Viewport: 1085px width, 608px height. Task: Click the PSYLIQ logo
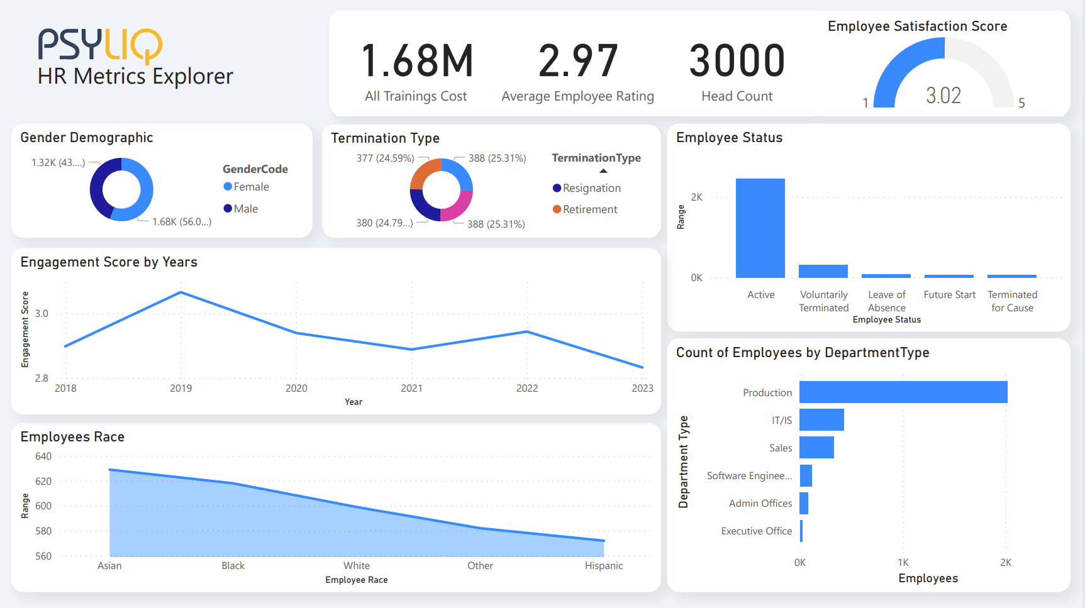(x=100, y=45)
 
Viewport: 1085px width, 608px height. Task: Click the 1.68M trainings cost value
(x=417, y=62)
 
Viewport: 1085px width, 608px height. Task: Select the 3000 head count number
(x=737, y=62)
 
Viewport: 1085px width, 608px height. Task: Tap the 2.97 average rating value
(x=578, y=62)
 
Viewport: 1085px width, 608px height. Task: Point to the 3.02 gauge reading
(x=943, y=96)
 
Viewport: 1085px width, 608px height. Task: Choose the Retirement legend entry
(x=589, y=209)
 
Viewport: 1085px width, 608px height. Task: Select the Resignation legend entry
(x=591, y=188)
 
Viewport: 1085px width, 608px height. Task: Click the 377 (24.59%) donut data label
(x=385, y=158)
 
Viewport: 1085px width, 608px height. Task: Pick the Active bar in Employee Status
(x=760, y=228)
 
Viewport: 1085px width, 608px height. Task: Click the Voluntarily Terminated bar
(x=823, y=271)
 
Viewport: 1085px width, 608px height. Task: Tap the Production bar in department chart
(x=903, y=392)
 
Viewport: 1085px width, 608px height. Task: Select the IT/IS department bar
(x=821, y=420)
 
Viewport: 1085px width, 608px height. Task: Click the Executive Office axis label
(x=757, y=531)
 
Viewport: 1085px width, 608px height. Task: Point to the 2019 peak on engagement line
(x=181, y=292)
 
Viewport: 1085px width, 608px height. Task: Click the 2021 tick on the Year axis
(x=411, y=388)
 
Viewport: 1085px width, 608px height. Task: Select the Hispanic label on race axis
(x=604, y=565)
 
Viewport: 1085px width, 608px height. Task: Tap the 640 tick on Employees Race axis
(x=43, y=456)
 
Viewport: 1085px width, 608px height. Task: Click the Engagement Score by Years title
(x=109, y=262)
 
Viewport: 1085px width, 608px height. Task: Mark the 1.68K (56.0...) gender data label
(x=182, y=221)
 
